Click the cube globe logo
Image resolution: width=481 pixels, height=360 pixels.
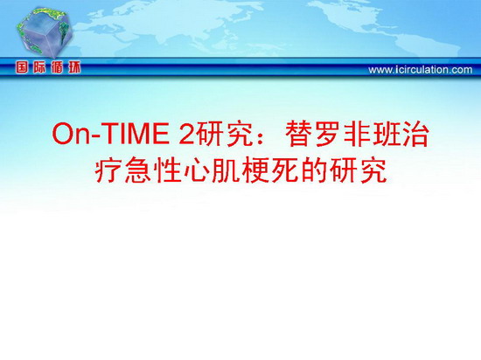pos(45,31)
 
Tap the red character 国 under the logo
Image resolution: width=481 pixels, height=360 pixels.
pos(22,67)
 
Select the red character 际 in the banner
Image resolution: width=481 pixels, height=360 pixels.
pos(39,67)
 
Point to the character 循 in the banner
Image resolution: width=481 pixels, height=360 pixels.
pos(57,67)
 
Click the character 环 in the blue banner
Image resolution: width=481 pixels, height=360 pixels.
pos(74,67)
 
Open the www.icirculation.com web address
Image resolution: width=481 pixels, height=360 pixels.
pos(421,70)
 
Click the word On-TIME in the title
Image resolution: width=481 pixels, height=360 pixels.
pos(111,134)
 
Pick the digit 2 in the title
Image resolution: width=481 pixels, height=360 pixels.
pos(187,134)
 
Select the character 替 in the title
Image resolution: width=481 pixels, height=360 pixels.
pos(297,134)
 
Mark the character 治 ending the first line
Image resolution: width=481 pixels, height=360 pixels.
pos(416,134)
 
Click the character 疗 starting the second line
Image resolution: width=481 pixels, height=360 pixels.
pos(107,170)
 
